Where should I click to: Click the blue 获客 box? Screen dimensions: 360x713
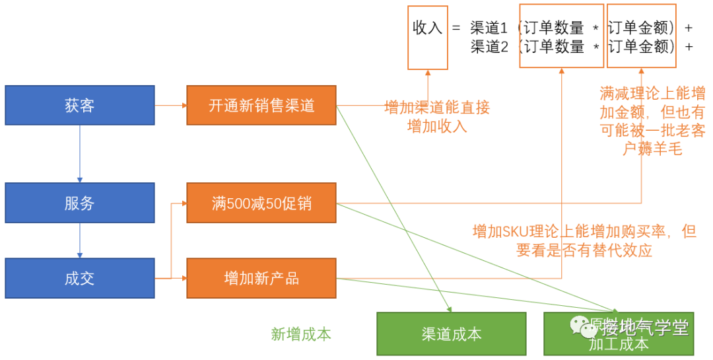(80, 105)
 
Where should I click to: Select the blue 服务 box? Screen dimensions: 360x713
(80, 203)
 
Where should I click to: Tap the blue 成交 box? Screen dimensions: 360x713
(80, 278)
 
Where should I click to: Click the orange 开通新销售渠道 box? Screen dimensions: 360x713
(261, 105)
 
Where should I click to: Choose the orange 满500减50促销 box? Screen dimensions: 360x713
(261, 203)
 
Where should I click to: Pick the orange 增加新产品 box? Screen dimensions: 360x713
(261, 278)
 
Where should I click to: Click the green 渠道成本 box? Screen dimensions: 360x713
(451, 334)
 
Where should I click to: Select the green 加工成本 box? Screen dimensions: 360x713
(619, 343)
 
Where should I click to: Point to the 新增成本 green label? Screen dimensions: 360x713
(301, 334)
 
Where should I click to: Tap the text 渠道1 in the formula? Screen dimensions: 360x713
(489, 28)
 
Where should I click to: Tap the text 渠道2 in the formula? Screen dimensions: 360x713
(489, 47)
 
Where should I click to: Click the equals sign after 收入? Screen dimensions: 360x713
(456, 29)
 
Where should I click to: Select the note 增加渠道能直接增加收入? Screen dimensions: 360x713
(437, 117)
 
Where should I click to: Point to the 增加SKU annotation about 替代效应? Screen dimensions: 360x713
(584, 241)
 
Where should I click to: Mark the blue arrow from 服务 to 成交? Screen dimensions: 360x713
(80, 240)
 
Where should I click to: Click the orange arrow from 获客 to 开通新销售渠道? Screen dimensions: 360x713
(170, 105)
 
